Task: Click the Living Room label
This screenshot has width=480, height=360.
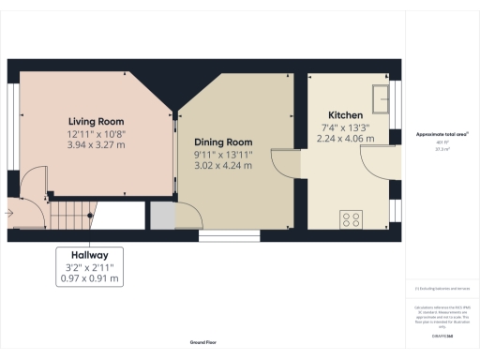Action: coord(96,122)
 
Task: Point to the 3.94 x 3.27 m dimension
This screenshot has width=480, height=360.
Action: coord(96,145)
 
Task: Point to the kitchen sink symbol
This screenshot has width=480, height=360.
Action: coord(382,97)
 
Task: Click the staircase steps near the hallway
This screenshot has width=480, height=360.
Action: coord(67,218)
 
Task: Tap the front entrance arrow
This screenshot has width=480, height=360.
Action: coord(8,213)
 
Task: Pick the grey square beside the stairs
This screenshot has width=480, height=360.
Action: coord(163,216)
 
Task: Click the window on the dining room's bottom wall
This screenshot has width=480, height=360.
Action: coord(222,236)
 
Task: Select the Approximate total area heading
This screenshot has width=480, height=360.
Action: coord(442,135)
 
